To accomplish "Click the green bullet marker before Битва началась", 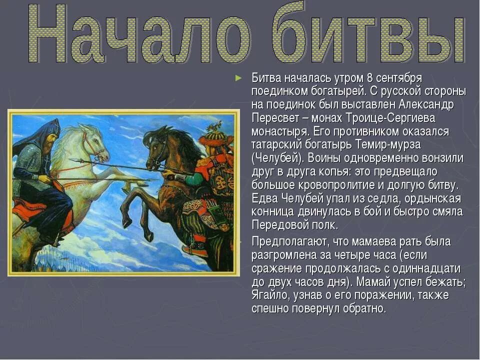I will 239,78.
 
